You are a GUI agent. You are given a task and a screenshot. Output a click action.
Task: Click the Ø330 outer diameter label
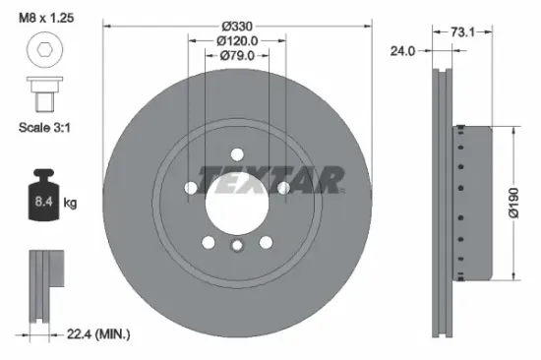click(237, 27)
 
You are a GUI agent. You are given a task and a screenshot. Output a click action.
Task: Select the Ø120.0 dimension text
click(237, 41)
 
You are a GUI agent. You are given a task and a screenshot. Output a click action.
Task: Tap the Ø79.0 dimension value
click(237, 55)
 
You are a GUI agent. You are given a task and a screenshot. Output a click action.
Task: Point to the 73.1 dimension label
click(462, 32)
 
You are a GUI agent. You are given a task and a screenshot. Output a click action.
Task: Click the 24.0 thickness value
click(402, 51)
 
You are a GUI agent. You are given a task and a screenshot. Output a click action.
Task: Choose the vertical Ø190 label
click(513, 203)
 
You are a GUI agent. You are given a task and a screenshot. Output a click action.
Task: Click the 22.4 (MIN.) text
click(98, 333)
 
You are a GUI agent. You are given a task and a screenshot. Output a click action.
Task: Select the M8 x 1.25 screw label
click(46, 18)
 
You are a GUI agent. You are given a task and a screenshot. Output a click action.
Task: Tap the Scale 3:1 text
click(44, 128)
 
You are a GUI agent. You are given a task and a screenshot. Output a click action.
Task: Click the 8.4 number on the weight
click(44, 202)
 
